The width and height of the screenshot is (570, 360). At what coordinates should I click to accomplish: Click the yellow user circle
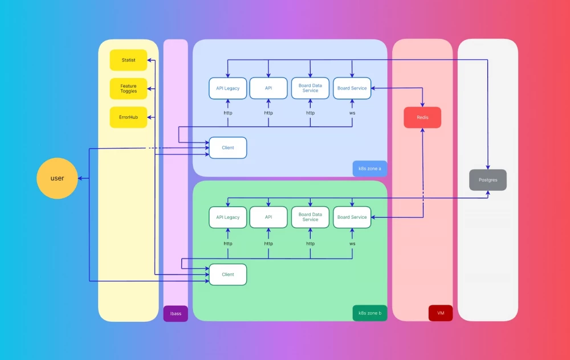click(x=57, y=178)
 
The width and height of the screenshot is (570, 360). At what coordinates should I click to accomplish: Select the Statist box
click(x=128, y=60)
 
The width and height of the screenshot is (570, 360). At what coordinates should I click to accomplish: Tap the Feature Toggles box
click(x=128, y=88)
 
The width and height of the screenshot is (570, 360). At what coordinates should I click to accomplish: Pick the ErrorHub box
click(x=128, y=117)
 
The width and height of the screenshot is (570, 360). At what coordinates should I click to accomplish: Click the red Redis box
click(x=422, y=117)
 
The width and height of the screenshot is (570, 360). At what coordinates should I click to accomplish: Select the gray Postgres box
click(x=488, y=179)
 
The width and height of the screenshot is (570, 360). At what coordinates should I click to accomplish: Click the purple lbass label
click(x=176, y=313)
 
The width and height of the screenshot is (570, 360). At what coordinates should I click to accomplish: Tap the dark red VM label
click(x=441, y=313)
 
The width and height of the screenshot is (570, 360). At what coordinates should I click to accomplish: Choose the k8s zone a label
click(x=369, y=169)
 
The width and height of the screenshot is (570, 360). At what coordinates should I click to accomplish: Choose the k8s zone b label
click(x=369, y=313)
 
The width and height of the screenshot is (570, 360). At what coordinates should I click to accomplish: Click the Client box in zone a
click(x=228, y=148)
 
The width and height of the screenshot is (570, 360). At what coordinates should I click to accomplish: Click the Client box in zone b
click(x=228, y=274)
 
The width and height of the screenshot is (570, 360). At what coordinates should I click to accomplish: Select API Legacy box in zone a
click(x=228, y=88)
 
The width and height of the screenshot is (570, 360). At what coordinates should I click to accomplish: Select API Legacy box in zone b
click(x=228, y=217)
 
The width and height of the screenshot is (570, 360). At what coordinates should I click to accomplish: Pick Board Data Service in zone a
click(x=310, y=88)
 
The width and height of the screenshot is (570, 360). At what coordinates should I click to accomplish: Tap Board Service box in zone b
click(x=352, y=217)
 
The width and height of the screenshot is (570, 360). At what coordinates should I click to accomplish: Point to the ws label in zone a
click(x=352, y=113)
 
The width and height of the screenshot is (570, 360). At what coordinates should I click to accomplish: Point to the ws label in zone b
click(x=352, y=243)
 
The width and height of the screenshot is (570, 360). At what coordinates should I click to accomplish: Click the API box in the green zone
click(x=268, y=217)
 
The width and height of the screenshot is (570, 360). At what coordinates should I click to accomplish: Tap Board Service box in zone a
click(x=352, y=88)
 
